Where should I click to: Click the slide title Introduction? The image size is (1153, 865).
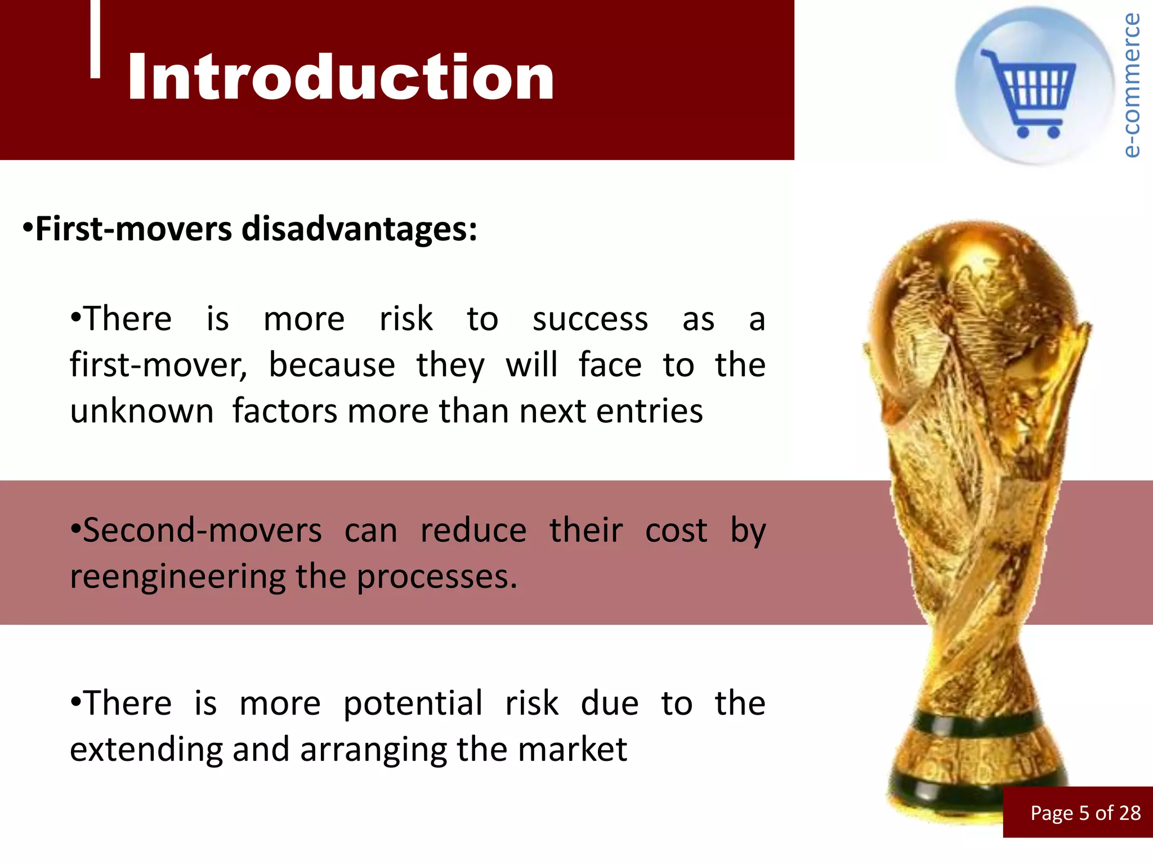341,77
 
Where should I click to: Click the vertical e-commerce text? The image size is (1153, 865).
1131,84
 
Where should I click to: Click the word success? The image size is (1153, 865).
590,320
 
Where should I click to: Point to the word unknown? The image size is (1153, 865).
142,411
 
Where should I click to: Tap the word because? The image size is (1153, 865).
332,365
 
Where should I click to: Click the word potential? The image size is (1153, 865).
413,704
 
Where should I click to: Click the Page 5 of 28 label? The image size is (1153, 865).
1085,813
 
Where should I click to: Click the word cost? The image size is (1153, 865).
676,531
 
